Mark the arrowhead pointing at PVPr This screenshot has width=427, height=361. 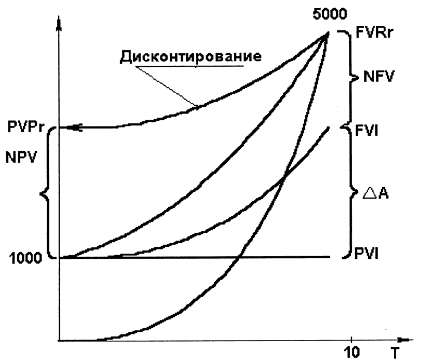(75, 128)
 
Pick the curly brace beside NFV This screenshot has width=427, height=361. (350, 78)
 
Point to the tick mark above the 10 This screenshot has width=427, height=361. (351, 338)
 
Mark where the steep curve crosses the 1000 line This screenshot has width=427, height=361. (238, 257)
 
